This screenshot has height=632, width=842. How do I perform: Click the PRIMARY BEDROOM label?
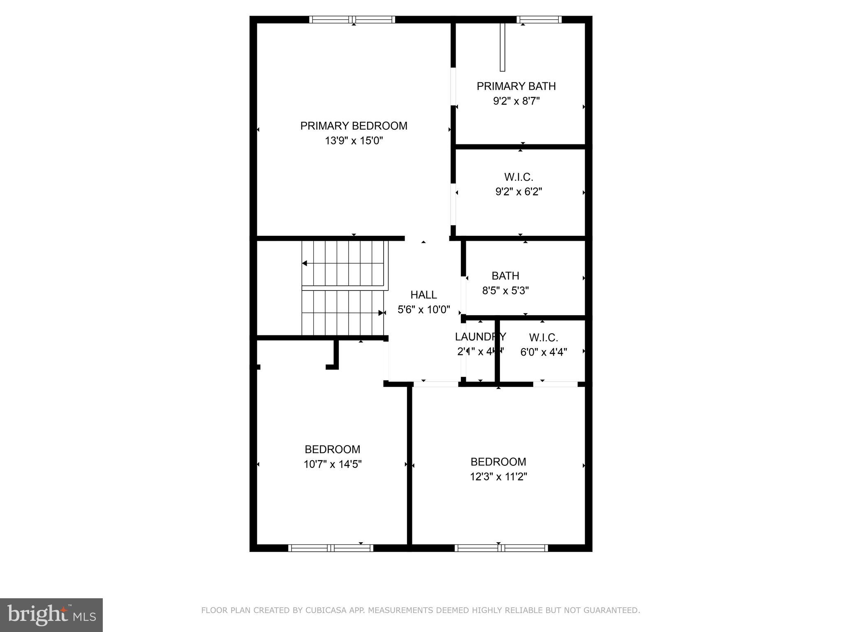pyautogui.click(x=354, y=126)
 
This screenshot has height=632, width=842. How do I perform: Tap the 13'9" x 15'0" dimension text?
pyautogui.click(x=354, y=141)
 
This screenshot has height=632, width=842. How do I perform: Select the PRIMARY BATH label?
pyautogui.click(x=516, y=86)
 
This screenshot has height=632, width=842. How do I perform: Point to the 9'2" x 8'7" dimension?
pyautogui.click(x=516, y=101)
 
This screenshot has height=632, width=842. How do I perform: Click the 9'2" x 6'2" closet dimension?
pyautogui.click(x=518, y=192)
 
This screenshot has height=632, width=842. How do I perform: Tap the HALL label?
pyautogui.click(x=423, y=295)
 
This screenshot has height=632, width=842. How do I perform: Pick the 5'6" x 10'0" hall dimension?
pyautogui.click(x=423, y=309)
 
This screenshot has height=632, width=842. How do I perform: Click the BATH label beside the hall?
pyautogui.click(x=505, y=276)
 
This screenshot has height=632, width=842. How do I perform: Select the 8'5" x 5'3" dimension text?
pyautogui.click(x=505, y=290)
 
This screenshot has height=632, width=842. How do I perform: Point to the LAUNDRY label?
pyautogui.click(x=480, y=337)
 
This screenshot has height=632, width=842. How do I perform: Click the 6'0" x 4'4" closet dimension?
pyautogui.click(x=544, y=352)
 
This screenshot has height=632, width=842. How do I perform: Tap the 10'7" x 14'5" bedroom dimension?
pyautogui.click(x=332, y=465)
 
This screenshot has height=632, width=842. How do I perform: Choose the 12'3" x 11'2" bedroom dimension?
pyautogui.click(x=498, y=476)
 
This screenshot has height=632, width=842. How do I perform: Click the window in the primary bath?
pyautogui.click(x=539, y=19)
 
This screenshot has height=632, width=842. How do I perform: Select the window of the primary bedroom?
pyautogui.click(x=352, y=19)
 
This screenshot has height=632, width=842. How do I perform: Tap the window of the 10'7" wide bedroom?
pyautogui.click(x=331, y=548)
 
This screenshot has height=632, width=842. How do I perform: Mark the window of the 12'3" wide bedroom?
pyautogui.click(x=501, y=548)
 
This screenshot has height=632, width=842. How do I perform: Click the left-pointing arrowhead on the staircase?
pyautogui.click(x=305, y=263)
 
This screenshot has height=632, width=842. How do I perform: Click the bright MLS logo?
pyautogui.click(x=51, y=615)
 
